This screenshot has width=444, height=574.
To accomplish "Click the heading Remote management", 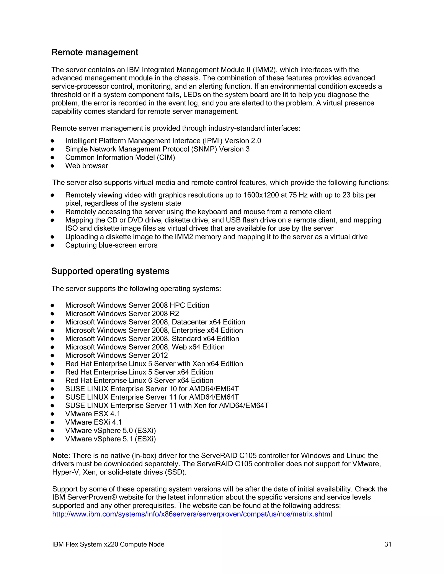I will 95,52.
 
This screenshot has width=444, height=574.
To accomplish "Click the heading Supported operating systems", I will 110,271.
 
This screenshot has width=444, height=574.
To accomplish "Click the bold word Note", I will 60,456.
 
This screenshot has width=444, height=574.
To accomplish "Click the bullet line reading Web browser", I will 87,166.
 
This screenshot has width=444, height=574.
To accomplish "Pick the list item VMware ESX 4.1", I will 93,414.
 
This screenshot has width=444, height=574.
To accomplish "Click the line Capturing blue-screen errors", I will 111,245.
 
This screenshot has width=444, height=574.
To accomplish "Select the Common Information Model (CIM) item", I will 120,157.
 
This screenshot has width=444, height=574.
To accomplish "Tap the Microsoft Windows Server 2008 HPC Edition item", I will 137,305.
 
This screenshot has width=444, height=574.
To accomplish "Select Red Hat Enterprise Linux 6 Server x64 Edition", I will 139,380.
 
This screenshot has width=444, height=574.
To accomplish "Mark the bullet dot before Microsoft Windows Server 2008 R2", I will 52,314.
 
